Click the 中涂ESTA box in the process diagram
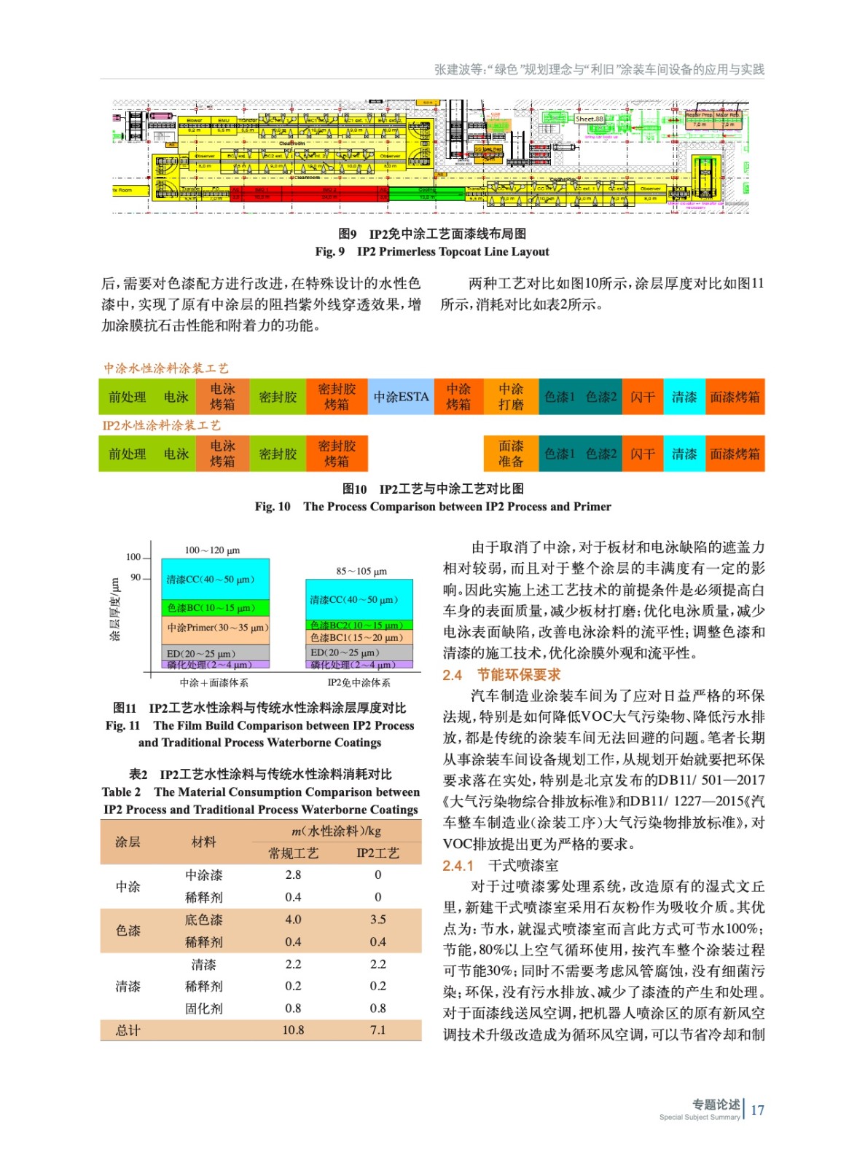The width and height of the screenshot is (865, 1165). (x=401, y=397)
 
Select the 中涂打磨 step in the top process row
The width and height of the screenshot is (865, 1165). (x=511, y=397)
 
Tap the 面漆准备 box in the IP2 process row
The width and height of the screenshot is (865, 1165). (x=511, y=454)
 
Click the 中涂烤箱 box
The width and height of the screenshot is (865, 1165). (x=458, y=397)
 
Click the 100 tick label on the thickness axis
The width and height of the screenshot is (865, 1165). (x=133, y=557)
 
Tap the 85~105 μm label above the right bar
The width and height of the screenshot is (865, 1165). (x=361, y=572)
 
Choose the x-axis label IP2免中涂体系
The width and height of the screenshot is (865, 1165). (x=359, y=683)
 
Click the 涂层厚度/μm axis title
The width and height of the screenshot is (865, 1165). (x=114, y=610)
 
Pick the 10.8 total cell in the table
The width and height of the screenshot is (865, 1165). (x=293, y=1030)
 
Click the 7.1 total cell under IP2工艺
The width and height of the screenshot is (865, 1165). (x=377, y=1030)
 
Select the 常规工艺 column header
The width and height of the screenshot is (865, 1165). (x=293, y=853)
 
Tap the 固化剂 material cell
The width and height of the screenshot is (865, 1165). (x=203, y=1008)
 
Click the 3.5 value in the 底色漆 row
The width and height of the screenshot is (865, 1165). (x=377, y=920)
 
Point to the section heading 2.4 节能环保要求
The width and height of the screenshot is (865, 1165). (x=501, y=675)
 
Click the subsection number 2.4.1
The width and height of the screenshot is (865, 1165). (x=458, y=866)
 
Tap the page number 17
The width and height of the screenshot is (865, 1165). (x=757, y=1110)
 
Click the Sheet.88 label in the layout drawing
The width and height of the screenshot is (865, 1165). (x=589, y=119)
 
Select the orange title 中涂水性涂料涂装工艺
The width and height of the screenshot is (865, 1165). (x=165, y=368)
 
